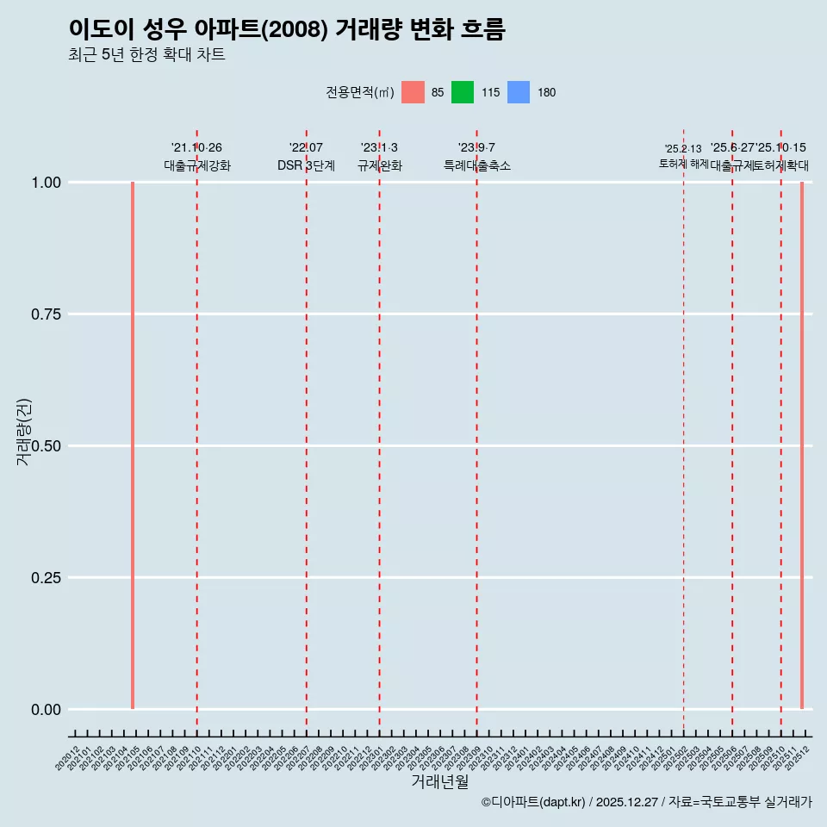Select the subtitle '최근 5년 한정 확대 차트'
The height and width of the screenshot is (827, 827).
click(146, 55)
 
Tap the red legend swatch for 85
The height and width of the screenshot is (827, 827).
click(413, 92)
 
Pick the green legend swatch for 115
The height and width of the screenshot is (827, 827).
click(463, 92)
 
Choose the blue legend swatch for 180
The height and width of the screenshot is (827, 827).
click(519, 92)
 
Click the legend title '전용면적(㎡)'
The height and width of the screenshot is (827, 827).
click(360, 92)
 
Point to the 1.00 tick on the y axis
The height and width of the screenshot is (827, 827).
click(44, 183)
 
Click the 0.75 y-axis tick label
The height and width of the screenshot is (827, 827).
click(44, 314)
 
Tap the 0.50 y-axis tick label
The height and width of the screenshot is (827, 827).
click(44, 446)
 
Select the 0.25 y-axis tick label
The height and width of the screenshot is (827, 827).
click(44, 578)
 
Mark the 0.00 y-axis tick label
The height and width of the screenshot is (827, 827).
click(44, 710)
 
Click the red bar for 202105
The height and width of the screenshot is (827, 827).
click(133, 445)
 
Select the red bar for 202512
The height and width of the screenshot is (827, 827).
click(802, 445)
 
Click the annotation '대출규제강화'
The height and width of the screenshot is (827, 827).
click(197, 165)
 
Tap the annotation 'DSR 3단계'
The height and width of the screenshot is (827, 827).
click(306, 165)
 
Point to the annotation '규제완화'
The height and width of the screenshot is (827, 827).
click(380, 165)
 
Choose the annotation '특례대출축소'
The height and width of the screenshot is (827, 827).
click(477, 165)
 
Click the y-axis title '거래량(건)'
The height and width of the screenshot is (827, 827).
click(23, 432)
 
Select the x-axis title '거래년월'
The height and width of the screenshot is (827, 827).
click(440, 781)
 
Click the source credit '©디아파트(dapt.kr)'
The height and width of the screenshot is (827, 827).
click(533, 802)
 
